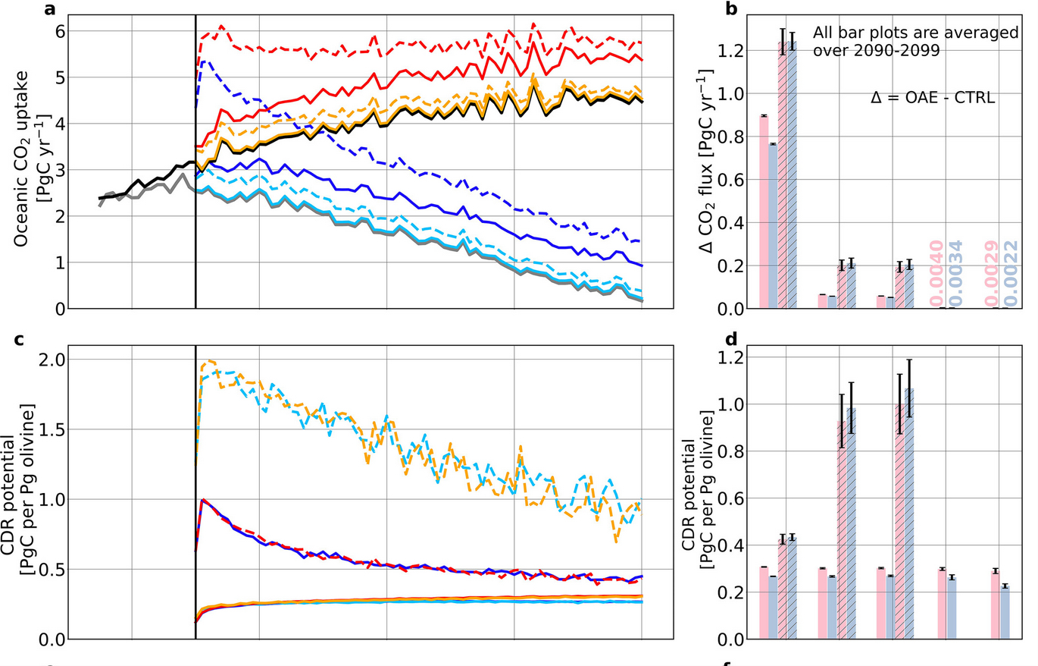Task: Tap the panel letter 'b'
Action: (730, 9)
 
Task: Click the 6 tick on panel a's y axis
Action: (57, 31)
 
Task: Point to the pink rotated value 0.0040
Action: (937, 273)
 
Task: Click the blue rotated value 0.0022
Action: (1011, 273)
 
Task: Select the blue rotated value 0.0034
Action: (956, 273)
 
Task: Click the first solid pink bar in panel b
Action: (764, 212)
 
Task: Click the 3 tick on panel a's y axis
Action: (57, 170)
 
